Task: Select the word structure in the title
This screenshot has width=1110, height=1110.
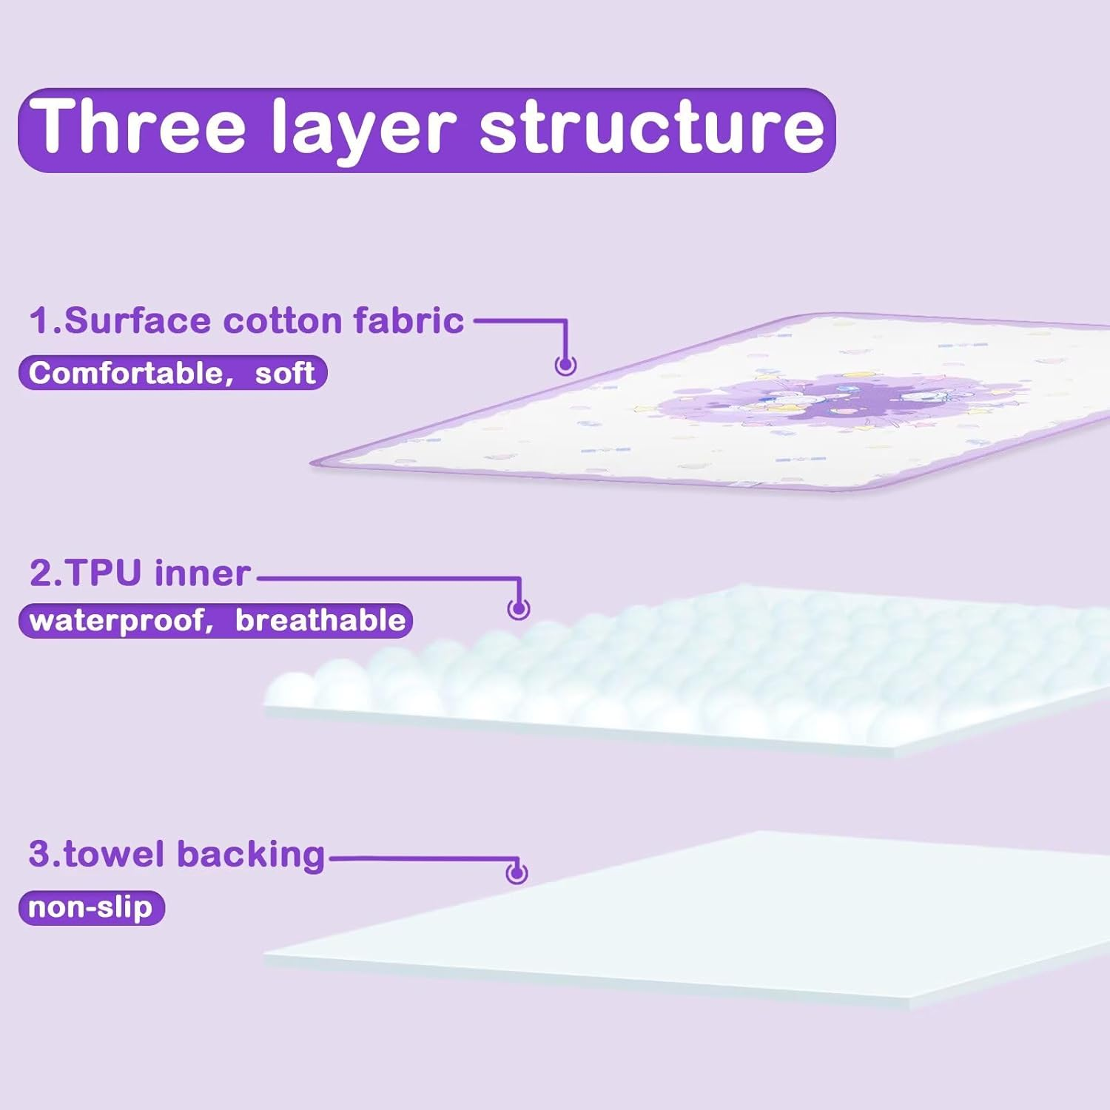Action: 651,127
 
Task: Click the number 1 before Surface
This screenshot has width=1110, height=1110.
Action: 38,321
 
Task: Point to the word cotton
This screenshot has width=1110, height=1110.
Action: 283,321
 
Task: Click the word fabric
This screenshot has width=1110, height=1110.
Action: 408,321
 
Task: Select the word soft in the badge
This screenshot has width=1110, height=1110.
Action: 285,373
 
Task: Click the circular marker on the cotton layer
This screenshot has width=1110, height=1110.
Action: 566,365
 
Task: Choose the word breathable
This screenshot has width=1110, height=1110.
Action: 320,620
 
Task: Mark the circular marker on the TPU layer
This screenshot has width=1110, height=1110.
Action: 519,608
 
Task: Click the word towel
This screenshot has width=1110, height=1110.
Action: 114,854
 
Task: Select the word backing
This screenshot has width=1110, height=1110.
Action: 250,855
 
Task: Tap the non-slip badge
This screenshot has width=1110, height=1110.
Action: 91,907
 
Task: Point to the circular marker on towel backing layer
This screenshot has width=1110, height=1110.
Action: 517,873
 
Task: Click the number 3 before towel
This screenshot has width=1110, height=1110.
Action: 38,854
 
